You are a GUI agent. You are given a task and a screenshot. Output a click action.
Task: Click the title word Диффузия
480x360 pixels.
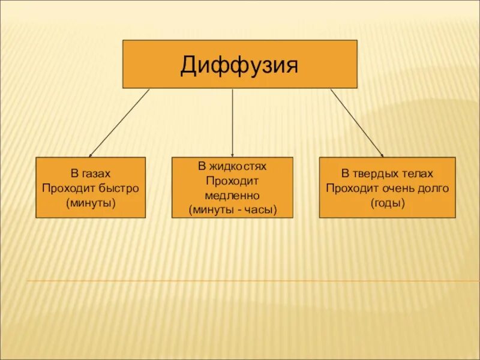coord(239,65)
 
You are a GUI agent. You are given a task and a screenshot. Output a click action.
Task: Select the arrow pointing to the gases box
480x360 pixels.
coord(119,123)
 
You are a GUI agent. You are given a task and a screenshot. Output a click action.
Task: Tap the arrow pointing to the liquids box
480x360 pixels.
coord(233,123)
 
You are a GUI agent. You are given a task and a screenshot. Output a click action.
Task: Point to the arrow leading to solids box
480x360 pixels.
coord(357,123)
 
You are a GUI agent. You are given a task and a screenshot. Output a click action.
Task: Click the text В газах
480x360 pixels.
coord(91,174)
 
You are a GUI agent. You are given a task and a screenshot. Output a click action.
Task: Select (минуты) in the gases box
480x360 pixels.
coord(91,202)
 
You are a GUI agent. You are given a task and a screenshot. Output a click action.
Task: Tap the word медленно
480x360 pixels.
coord(232,196)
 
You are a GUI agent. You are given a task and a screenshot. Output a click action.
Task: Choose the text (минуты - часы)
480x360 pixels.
coord(232,210)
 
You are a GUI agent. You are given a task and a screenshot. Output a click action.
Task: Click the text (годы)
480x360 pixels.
coord(388,202)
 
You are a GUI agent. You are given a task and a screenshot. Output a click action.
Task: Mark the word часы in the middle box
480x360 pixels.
coord(260,210)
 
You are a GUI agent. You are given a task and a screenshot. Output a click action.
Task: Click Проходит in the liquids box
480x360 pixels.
coord(232,181)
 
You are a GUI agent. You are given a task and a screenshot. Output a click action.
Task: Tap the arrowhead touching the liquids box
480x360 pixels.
coord(233,154)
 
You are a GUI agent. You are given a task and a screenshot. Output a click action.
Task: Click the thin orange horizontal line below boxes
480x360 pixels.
coord(252,281)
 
